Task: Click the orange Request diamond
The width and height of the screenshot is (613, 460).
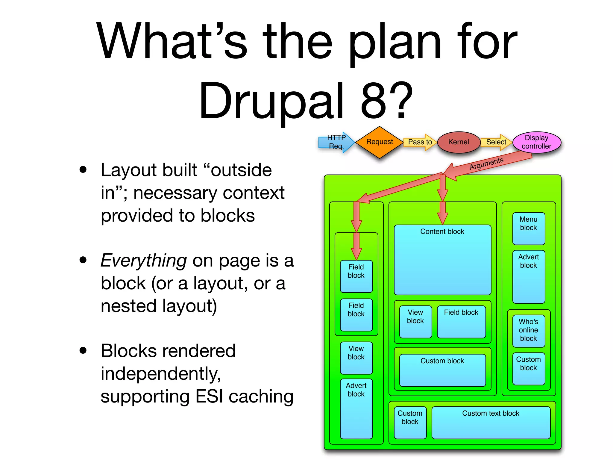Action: (x=379, y=142)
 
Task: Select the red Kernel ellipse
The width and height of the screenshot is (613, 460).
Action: (x=458, y=142)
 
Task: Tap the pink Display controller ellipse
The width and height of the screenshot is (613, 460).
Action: (x=536, y=142)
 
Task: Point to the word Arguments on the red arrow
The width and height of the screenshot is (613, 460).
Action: (x=486, y=164)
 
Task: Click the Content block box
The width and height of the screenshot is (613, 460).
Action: (x=442, y=260)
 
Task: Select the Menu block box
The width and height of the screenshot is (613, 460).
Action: (x=528, y=228)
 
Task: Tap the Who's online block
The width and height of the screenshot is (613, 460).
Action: (x=528, y=330)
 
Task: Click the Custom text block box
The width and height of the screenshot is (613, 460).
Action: (x=491, y=422)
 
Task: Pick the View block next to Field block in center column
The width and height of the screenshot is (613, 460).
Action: (x=415, y=322)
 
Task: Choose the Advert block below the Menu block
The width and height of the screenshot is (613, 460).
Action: (x=528, y=276)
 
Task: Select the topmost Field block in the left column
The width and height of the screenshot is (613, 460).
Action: (x=356, y=276)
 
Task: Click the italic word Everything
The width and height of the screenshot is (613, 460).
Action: (x=144, y=260)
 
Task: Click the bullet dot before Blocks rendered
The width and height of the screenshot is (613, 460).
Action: (x=83, y=350)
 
